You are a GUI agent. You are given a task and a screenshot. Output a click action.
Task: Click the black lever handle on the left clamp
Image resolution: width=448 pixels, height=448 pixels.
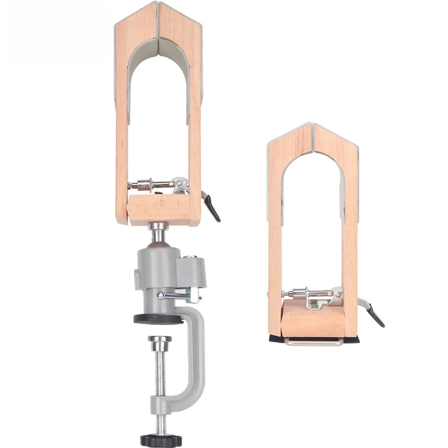coord(212,208)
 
